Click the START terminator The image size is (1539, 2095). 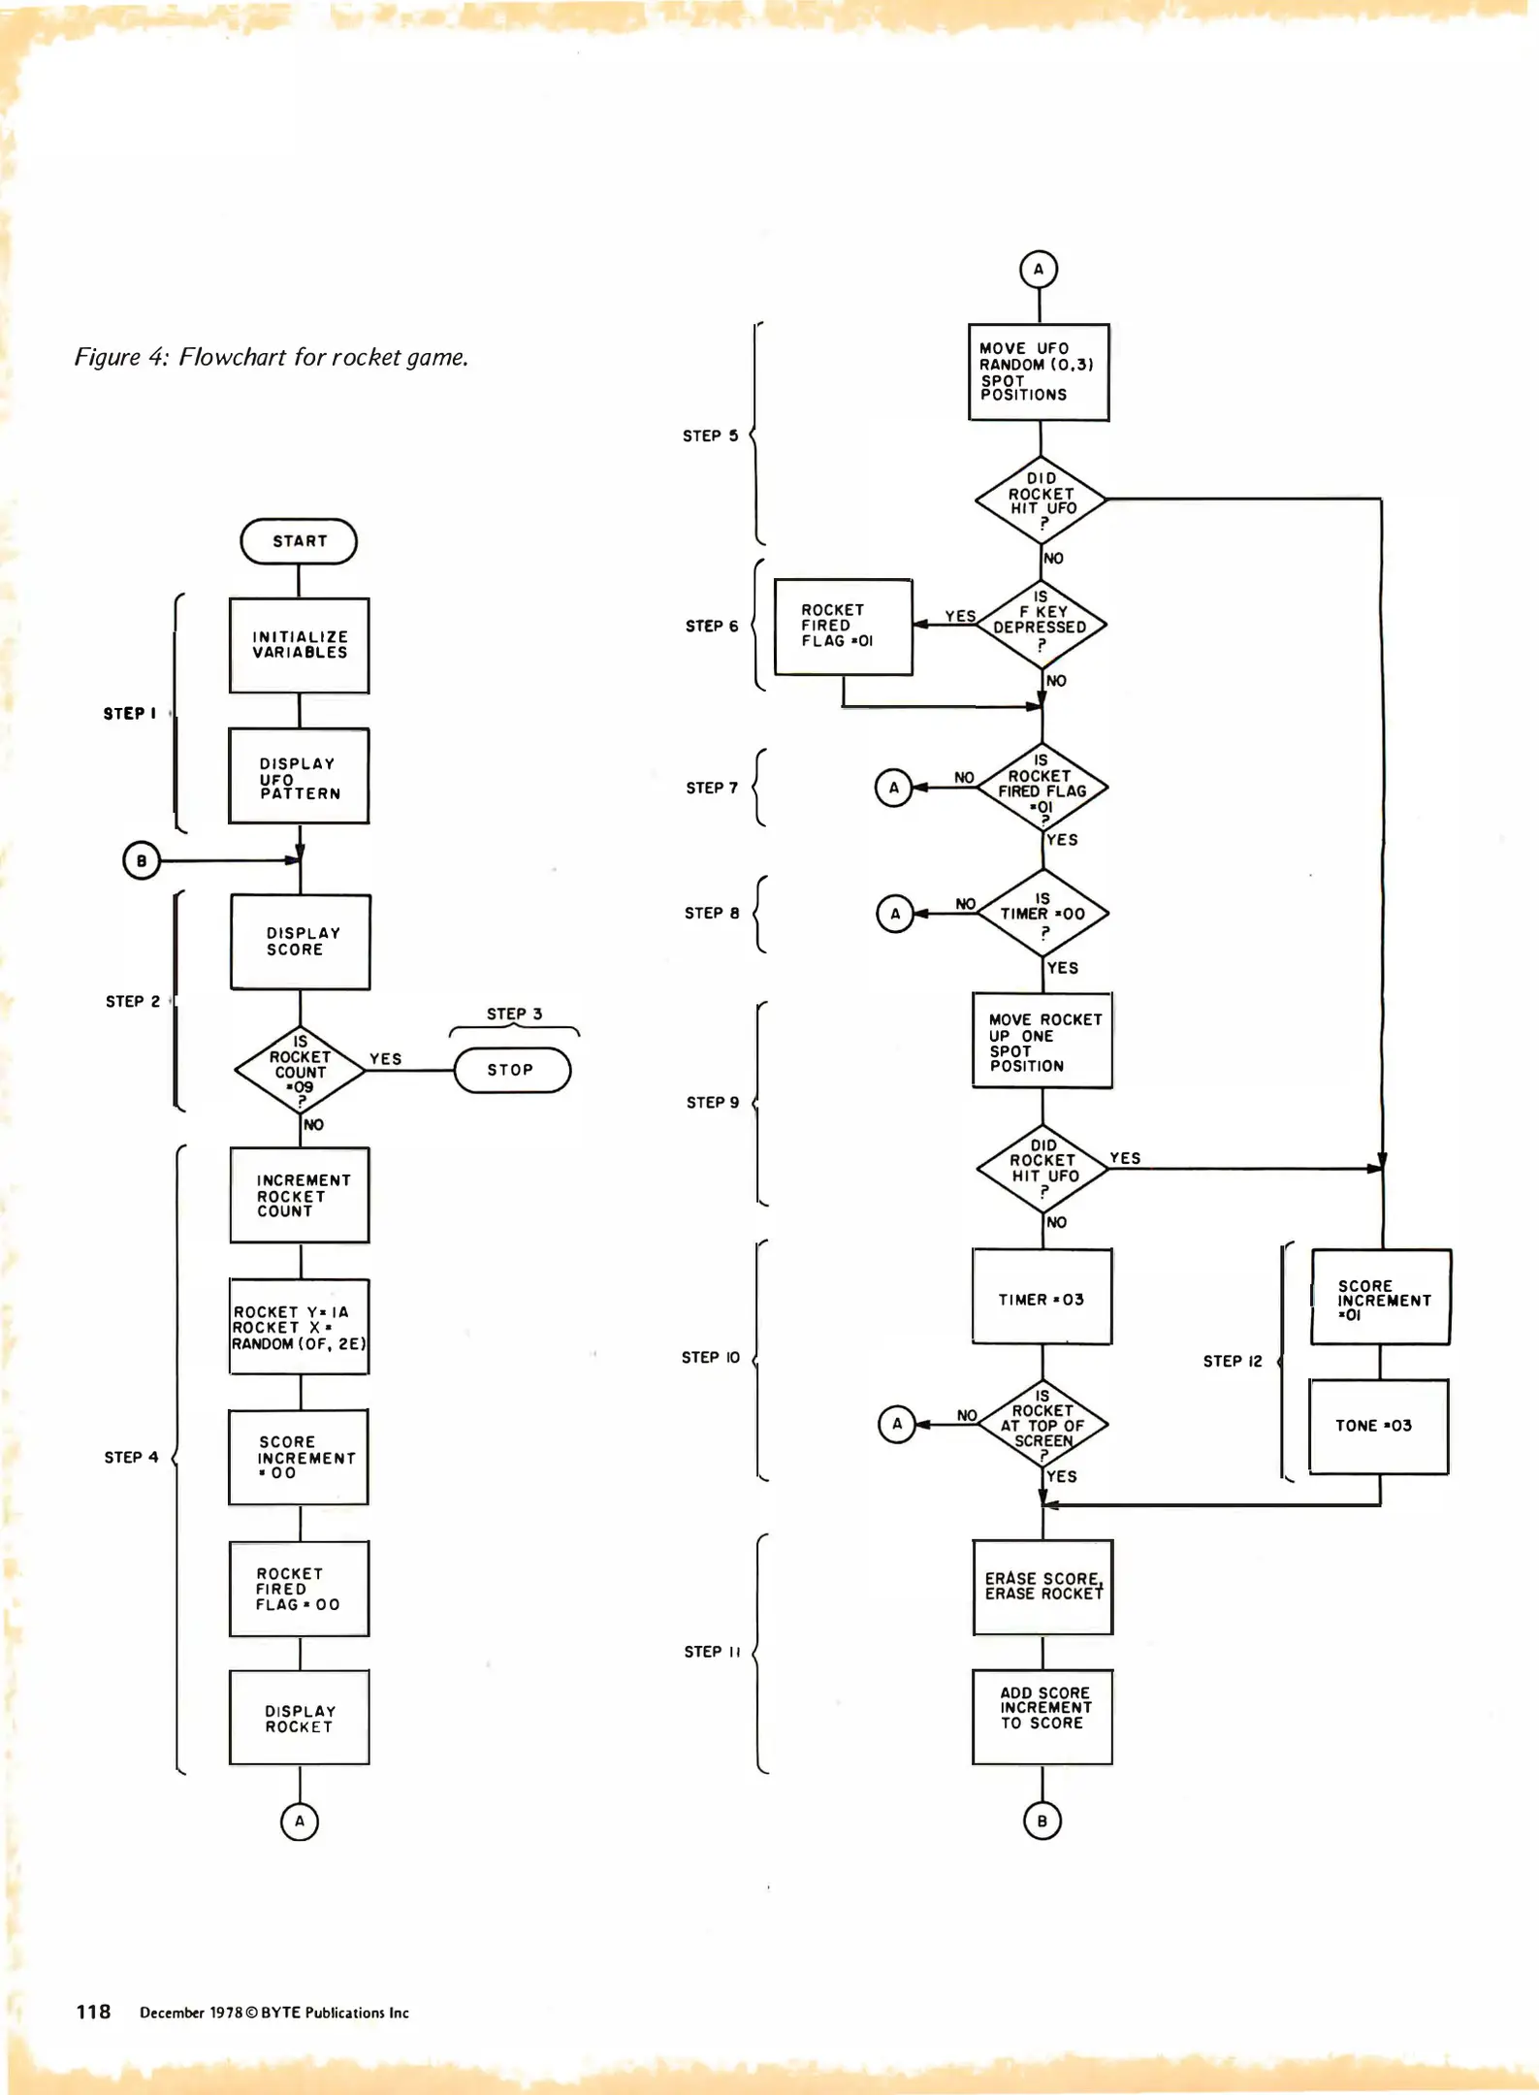point(299,541)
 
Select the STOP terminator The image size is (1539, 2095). point(512,1070)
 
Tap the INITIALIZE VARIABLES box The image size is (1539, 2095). point(300,645)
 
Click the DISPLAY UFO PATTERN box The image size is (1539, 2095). point(299,777)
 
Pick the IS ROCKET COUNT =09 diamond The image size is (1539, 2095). point(301,1071)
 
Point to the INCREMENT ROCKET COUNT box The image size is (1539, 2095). point(300,1195)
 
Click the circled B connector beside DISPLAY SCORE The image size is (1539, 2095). point(142,860)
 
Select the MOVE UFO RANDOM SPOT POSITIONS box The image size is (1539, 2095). point(1039,372)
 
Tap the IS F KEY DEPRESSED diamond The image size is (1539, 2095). point(1041,625)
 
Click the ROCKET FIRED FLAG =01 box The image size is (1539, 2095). point(843,627)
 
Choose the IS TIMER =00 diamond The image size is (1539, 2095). point(1042,914)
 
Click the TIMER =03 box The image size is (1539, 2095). point(1042,1298)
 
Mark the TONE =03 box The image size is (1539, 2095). point(1378,1426)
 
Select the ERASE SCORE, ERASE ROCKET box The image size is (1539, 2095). point(1042,1587)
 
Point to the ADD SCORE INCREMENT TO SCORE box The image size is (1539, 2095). point(1042,1717)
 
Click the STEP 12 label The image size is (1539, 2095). point(1233,1361)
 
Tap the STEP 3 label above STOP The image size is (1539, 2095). point(514,1014)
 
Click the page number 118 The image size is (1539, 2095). point(93,2012)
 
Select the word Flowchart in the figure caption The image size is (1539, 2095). point(233,357)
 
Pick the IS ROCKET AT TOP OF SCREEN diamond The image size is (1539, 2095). point(1042,1424)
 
